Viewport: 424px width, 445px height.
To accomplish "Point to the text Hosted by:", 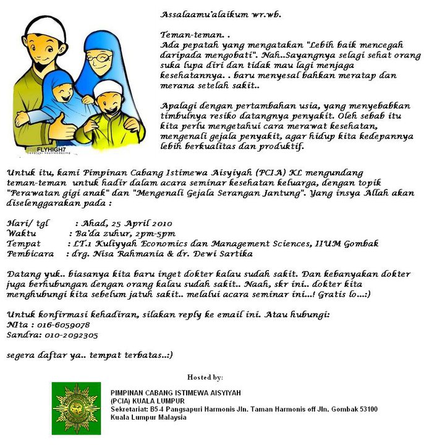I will [205, 377].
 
